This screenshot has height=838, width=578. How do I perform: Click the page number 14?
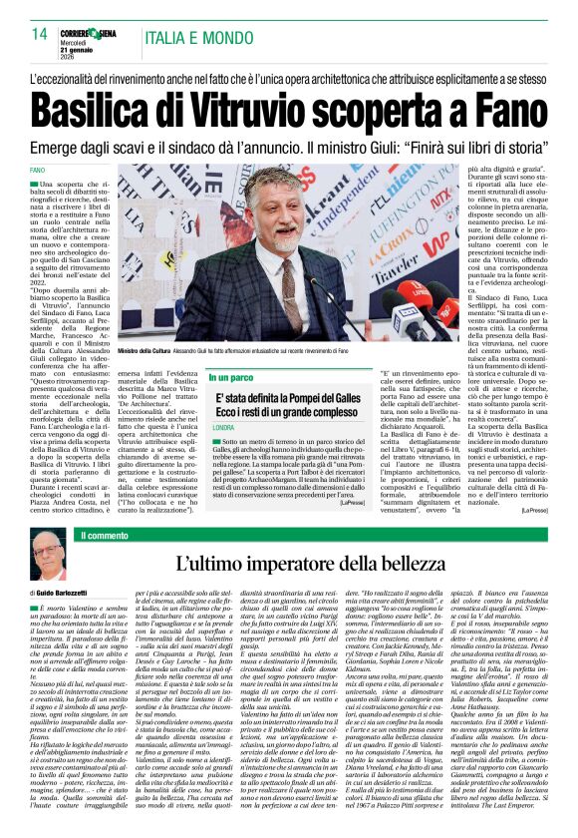click(x=40, y=34)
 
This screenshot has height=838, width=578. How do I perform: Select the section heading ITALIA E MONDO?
click(x=196, y=39)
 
